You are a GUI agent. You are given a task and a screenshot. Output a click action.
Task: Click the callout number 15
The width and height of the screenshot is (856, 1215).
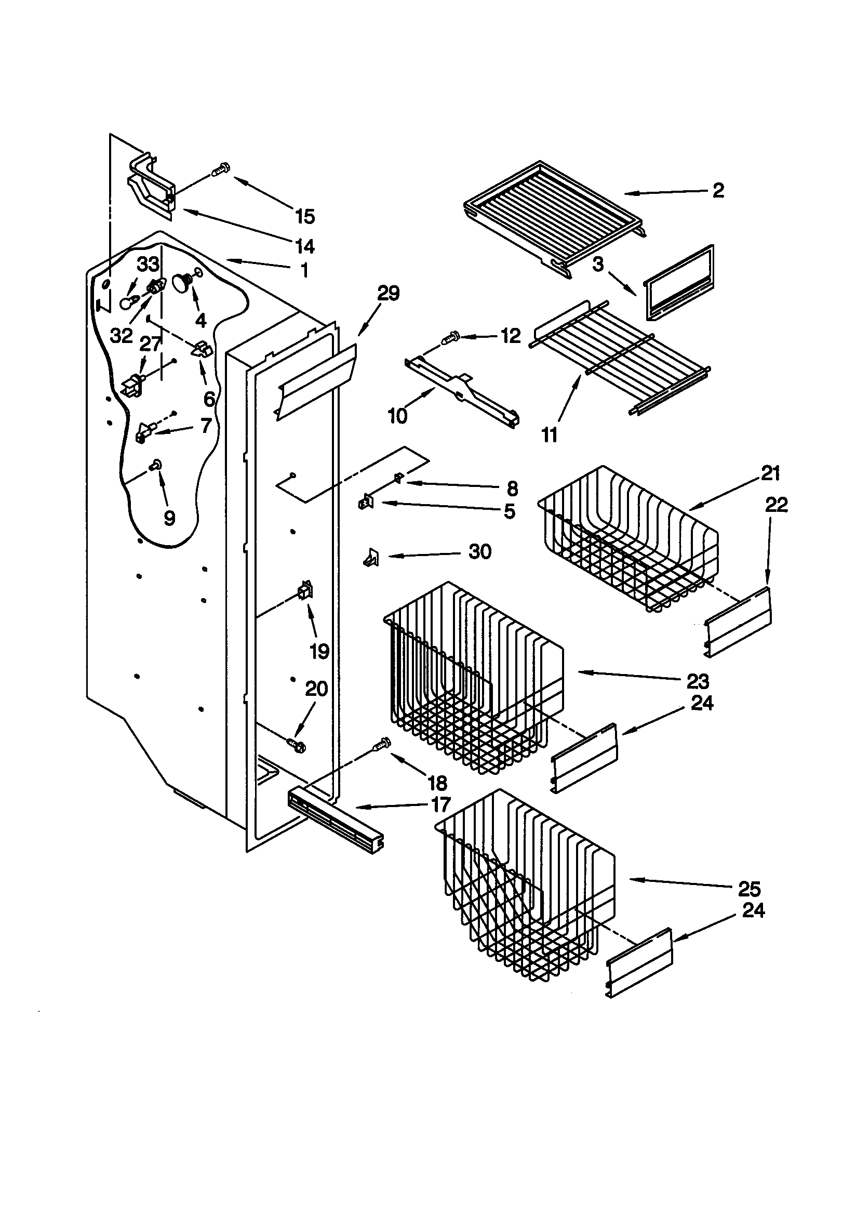[305, 216]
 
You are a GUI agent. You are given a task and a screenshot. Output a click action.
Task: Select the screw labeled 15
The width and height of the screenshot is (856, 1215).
[220, 169]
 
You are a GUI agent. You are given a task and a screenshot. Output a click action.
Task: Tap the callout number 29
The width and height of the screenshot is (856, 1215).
[388, 293]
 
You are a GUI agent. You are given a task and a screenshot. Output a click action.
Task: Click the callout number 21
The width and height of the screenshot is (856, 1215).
[770, 473]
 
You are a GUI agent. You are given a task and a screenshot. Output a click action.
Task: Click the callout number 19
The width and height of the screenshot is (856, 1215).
[319, 652]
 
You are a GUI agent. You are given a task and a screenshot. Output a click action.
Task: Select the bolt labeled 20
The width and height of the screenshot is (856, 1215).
[295, 745]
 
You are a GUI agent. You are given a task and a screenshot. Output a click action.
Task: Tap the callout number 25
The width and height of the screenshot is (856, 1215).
[749, 889]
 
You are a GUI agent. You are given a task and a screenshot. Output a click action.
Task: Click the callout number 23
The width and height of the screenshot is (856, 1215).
[697, 681]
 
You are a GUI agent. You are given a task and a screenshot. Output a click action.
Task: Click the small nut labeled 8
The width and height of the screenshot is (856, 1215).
[398, 479]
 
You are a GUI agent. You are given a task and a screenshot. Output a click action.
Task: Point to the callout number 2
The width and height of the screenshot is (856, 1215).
[718, 191]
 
